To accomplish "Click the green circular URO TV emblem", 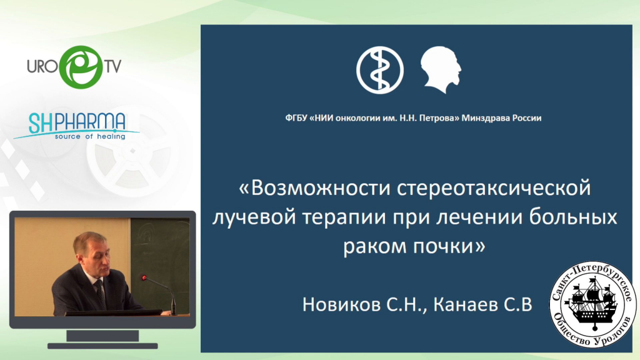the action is click(81, 67).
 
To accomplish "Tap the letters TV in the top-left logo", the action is click(113, 66).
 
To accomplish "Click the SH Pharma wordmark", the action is click(77, 123).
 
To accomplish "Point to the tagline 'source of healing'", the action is click(90, 136).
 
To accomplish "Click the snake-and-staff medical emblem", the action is click(379, 70).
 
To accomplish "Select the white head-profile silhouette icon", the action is click(441, 69).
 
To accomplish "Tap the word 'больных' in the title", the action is click(573, 217).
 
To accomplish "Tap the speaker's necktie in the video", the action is click(101, 293).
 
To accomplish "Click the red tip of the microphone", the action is click(144, 278).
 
